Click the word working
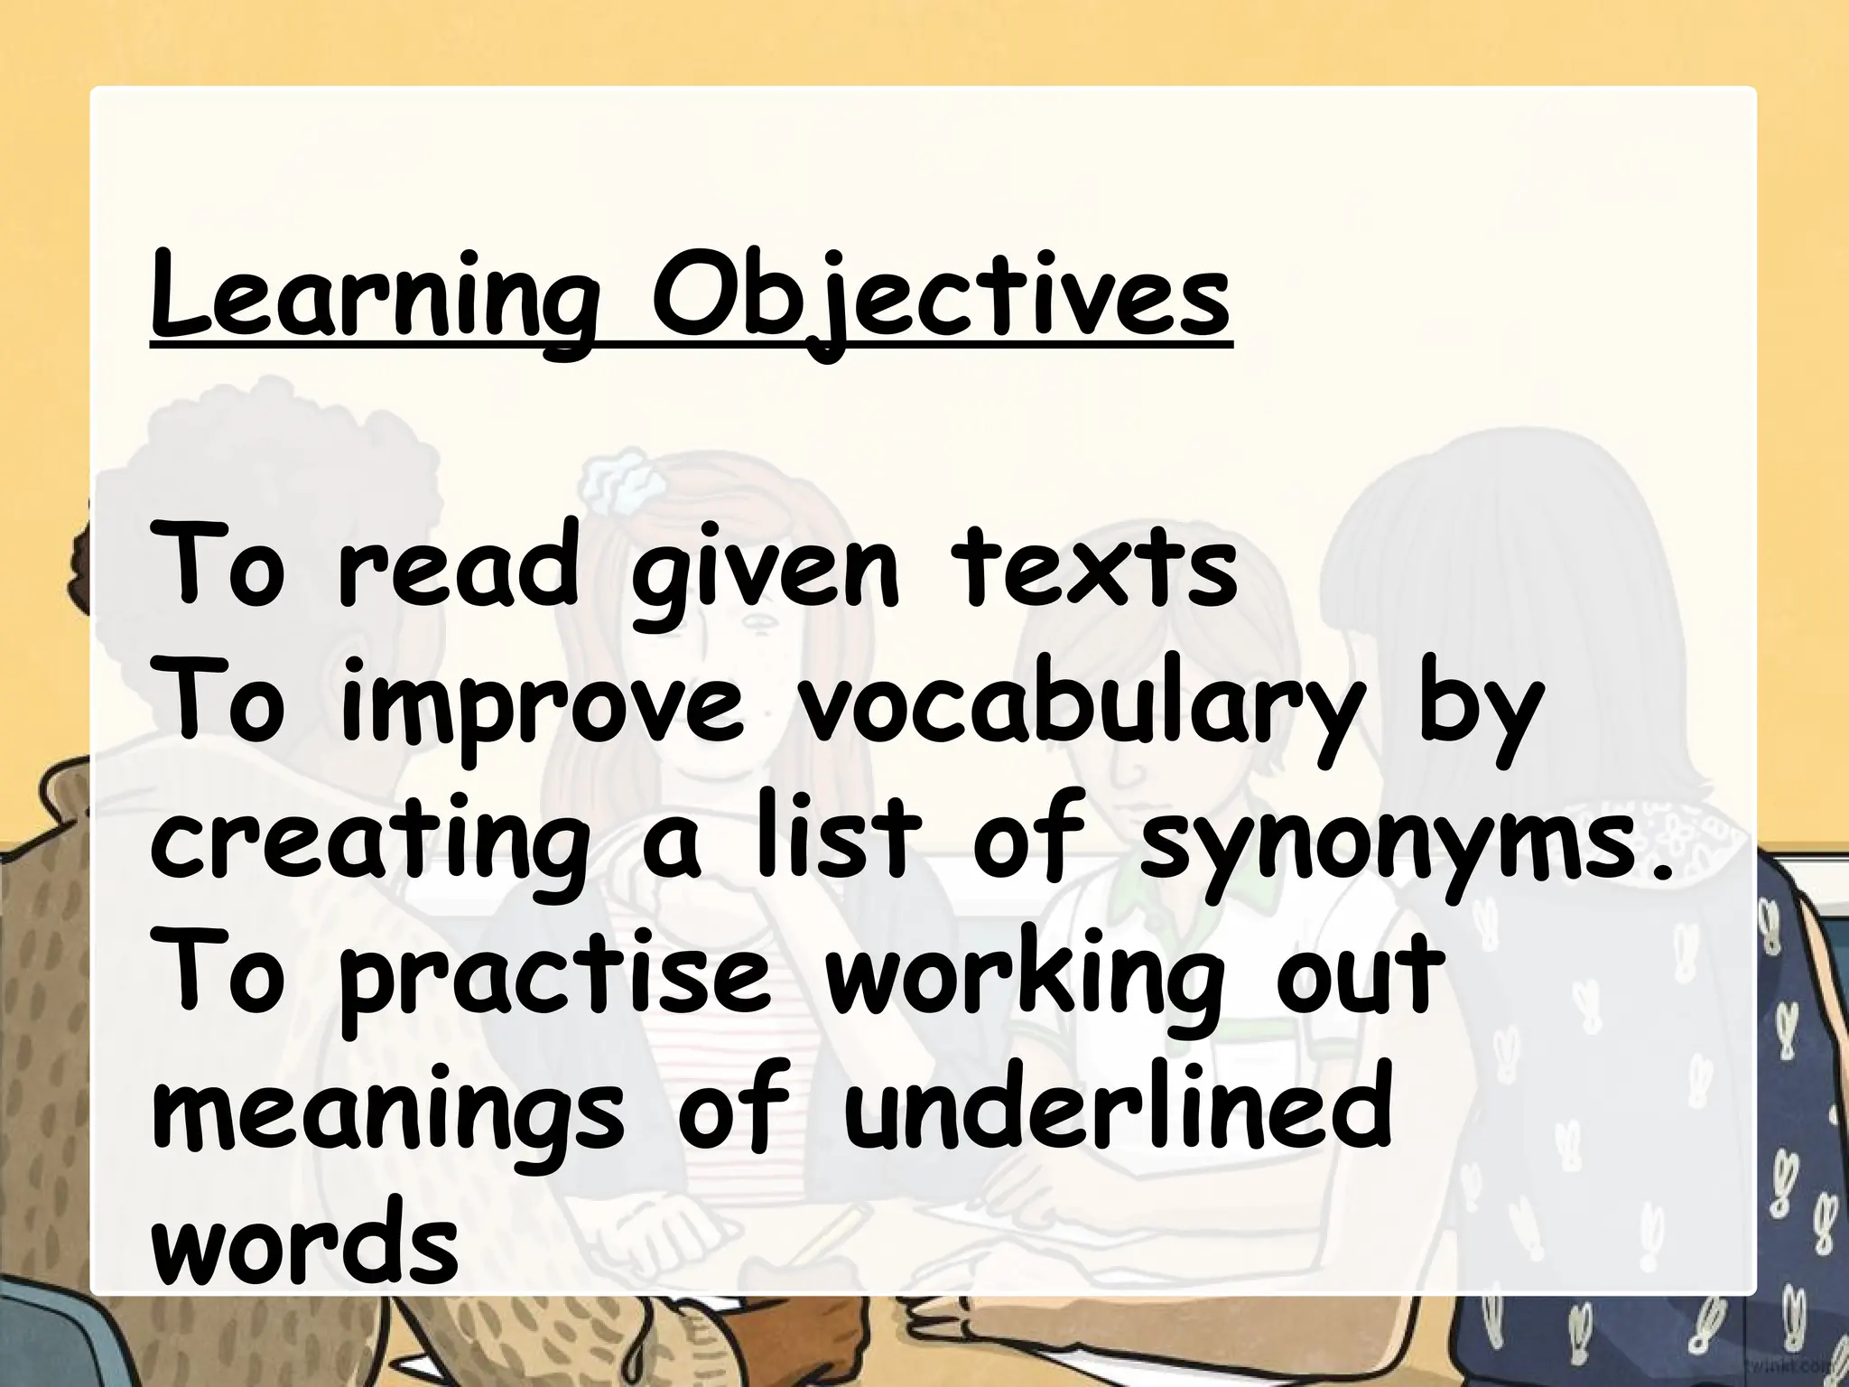point(1025,984)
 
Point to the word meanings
point(388,1120)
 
